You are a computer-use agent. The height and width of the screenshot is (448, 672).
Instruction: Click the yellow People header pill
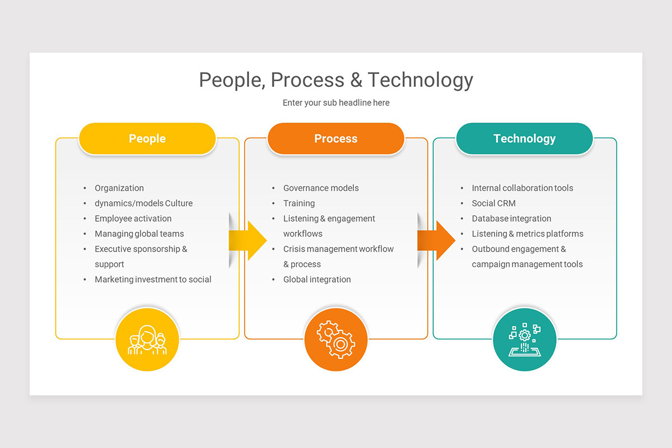(147, 139)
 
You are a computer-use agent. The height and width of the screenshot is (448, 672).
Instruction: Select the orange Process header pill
(335, 139)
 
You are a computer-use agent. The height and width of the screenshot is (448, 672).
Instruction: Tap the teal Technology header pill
(524, 139)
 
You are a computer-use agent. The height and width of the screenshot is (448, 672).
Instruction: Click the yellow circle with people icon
(147, 339)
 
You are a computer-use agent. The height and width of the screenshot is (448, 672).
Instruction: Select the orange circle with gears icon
(336, 339)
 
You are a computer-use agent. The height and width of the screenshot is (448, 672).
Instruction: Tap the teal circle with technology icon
(525, 339)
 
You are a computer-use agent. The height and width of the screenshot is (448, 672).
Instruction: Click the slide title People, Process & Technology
(336, 80)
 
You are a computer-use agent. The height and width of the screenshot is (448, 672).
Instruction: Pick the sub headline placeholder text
(336, 103)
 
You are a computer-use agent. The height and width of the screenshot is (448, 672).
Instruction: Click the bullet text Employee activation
(133, 218)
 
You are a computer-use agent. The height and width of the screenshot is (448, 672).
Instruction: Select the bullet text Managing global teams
(139, 234)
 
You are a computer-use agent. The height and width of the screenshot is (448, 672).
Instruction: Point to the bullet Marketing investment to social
(153, 279)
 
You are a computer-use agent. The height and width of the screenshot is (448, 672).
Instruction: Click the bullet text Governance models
(321, 188)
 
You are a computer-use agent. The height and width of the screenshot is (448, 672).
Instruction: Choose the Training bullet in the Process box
(299, 203)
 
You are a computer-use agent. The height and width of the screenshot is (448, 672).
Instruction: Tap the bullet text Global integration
(317, 279)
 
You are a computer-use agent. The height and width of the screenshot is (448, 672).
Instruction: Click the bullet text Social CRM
(494, 203)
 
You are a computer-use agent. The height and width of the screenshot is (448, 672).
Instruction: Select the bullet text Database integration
(511, 218)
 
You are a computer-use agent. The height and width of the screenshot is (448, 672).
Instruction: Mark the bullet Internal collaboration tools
(522, 188)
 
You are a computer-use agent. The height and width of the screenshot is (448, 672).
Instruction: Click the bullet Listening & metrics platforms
(528, 234)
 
